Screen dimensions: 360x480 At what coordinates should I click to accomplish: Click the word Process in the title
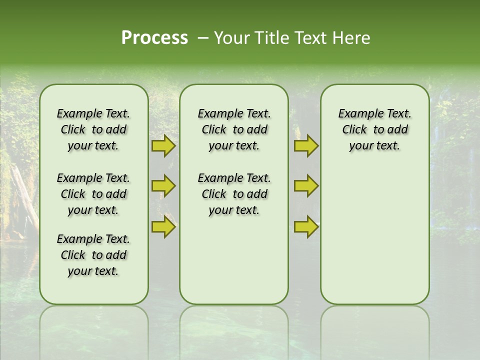point(154,38)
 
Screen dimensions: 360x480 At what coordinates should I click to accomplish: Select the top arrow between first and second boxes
point(163,146)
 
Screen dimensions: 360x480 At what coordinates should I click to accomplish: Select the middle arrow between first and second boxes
point(163,186)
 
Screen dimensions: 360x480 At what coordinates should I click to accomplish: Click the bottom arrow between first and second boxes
point(163,227)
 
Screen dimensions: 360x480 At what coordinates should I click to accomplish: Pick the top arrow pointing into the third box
point(306,146)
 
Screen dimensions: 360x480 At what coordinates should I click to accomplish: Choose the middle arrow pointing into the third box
point(306,186)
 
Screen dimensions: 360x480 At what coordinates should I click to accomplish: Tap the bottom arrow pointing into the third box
point(306,227)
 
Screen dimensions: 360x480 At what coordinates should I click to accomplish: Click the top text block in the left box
point(93,129)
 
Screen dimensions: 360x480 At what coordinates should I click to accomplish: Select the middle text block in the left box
point(93,194)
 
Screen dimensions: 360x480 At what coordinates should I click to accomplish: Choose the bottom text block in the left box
point(93,255)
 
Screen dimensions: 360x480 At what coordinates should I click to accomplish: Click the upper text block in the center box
point(234,129)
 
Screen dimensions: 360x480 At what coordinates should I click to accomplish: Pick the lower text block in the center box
point(234,194)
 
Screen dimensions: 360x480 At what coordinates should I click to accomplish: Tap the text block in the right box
point(374,129)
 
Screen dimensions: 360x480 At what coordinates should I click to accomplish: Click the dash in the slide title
point(203,38)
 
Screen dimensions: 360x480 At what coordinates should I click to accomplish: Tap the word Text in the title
point(308,38)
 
